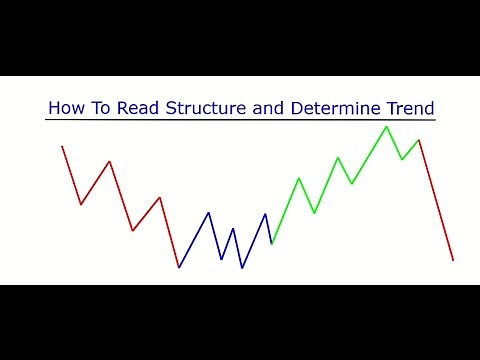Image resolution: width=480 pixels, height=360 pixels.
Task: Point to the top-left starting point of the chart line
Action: (62, 146)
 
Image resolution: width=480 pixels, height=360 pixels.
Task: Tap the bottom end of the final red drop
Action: (453, 260)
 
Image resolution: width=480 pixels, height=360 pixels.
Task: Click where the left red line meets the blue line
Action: (179, 267)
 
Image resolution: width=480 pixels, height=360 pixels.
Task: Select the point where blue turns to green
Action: (272, 243)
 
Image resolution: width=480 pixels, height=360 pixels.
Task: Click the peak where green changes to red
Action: (419, 140)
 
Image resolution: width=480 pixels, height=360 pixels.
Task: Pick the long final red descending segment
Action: (436, 200)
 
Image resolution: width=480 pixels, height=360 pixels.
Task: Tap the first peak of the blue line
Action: (208, 212)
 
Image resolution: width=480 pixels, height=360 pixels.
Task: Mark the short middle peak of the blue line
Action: (233, 228)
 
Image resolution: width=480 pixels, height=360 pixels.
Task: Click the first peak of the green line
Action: (298, 178)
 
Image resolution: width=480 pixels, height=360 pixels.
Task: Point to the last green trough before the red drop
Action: (402, 159)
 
